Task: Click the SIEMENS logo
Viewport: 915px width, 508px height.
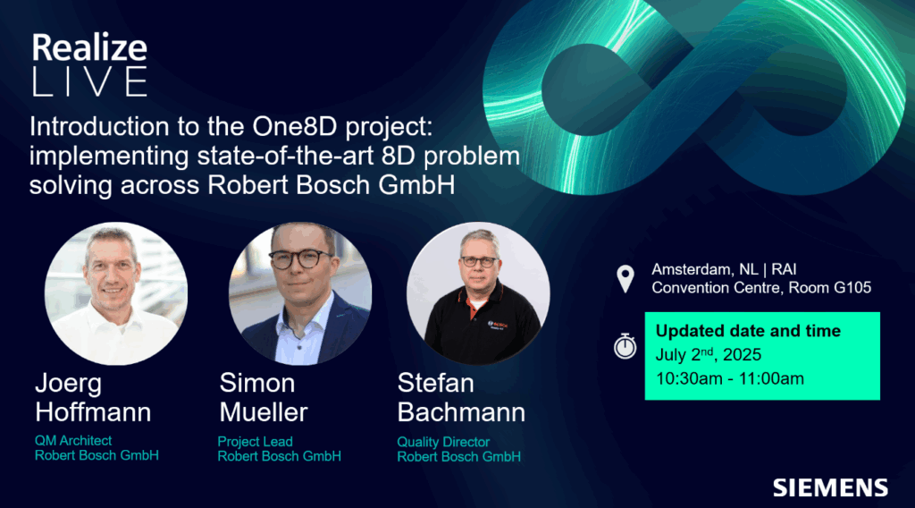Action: coord(830,487)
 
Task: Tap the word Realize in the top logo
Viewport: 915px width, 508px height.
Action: coord(89,48)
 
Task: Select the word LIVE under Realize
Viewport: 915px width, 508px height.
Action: coord(89,81)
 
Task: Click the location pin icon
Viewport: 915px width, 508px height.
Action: coord(625,279)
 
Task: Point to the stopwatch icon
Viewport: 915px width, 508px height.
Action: coord(625,346)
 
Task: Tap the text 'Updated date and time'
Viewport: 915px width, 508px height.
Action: coord(748,331)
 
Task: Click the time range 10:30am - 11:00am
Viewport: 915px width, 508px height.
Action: coord(729,378)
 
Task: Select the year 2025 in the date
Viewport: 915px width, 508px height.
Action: coord(743,354)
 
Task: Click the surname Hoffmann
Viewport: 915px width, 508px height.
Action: coord(93,412)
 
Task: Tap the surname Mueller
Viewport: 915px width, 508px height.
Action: coord(264,412)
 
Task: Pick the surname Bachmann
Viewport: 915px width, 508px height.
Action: coord(461,412)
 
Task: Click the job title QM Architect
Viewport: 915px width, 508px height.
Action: coord(73,441)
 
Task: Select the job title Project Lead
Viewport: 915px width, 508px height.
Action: coord(255,442)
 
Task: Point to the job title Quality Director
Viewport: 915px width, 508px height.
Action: coord(443,442)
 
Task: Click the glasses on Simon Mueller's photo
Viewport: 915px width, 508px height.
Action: coord(300,258)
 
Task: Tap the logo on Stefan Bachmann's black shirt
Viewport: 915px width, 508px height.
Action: coord(498,326)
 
